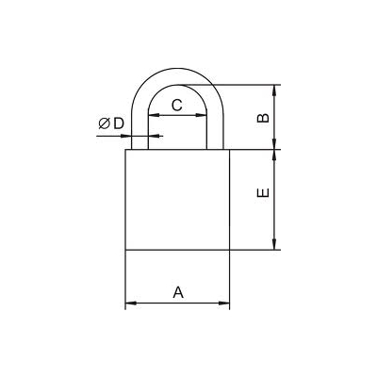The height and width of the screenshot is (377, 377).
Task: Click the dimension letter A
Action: (178, 292)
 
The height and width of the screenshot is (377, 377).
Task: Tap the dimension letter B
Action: (263, 118)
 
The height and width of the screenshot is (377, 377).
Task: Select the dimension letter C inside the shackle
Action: (177, 105)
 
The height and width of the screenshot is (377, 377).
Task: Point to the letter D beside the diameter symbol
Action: (119, 123)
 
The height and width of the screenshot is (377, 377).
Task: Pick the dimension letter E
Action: (263, 192)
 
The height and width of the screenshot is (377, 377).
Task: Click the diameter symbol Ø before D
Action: (104, 123)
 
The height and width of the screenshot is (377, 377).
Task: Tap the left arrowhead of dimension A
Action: (131, 303)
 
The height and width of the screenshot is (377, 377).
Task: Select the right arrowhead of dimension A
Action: (224, 303)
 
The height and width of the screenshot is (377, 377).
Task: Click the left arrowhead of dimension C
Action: (154, 115)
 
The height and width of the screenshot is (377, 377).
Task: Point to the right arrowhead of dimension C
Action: (202, 115)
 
